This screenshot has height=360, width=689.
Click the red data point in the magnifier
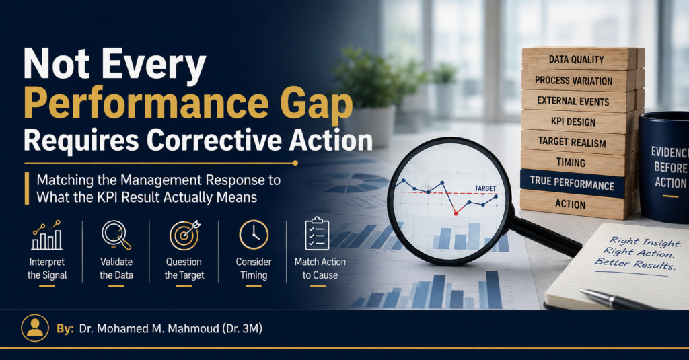pos(456,213)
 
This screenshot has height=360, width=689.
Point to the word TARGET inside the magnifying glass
pos(485,188)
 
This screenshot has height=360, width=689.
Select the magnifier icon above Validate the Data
pos(116,235)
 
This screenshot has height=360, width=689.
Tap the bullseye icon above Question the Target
pos(185,235)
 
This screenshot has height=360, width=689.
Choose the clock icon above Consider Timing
pos(254,235)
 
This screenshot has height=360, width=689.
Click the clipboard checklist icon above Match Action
pos(317,234)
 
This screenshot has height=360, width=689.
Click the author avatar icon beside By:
pos(35,328)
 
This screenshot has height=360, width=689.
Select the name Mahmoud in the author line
pos(190,328)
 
